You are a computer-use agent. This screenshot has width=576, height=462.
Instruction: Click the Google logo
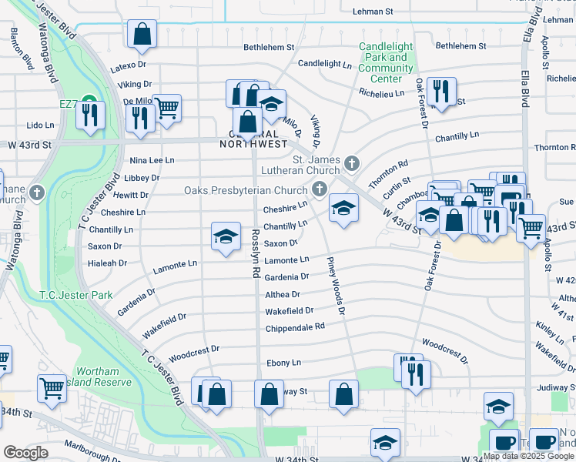(25, 453)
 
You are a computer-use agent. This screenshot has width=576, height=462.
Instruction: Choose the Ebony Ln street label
(283, 363)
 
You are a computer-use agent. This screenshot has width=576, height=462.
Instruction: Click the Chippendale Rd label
(295, 326)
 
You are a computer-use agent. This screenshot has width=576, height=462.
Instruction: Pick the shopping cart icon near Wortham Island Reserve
(52, 388)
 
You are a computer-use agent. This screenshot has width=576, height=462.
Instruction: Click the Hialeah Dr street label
(107, 263)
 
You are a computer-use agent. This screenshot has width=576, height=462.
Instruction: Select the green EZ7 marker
(89, 102)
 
